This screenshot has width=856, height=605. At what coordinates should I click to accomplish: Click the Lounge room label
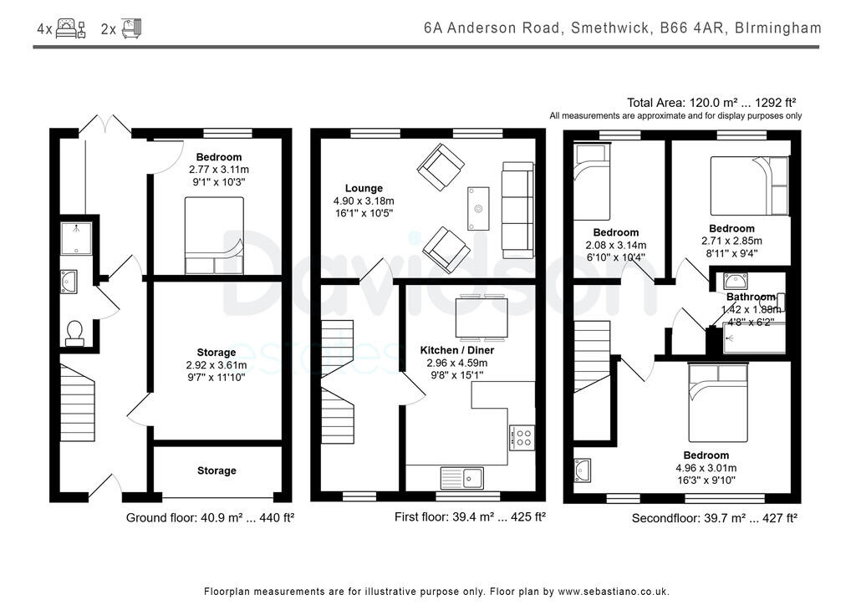(x=364, y=188)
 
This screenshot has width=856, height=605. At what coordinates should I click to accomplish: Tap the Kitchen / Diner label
(x=457, y=350)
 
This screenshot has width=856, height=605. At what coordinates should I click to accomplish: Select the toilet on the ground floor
(x=74, y=333)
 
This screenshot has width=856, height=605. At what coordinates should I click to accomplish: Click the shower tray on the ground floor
(x=76, y=238)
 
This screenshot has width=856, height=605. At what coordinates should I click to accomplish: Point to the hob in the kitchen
(x=522, y=438)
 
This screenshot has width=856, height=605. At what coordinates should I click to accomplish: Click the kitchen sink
(x=461, y=478)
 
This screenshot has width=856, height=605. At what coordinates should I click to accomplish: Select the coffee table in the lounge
(x=478, y=208)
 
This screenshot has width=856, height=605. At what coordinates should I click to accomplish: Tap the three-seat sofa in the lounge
(x=517, y=210)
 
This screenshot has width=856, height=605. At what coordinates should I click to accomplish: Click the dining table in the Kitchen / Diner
(x=481, y=318)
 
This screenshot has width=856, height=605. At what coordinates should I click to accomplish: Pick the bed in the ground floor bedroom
(x=214, y=236)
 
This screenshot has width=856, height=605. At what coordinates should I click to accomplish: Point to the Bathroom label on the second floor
(x=751, y=297)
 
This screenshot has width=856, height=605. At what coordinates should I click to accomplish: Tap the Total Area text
(x=711, y=103)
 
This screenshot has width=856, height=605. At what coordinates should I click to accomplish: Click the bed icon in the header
(x=71, y=28)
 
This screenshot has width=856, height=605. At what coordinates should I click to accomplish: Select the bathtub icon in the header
(x=131, y=28)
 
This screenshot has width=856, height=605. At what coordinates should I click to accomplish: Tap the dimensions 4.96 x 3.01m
(x=706, y=468)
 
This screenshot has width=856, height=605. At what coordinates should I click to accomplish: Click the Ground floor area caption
(x=210, y=518)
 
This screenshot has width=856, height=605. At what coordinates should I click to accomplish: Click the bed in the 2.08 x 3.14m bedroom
(x=593, y=182)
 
